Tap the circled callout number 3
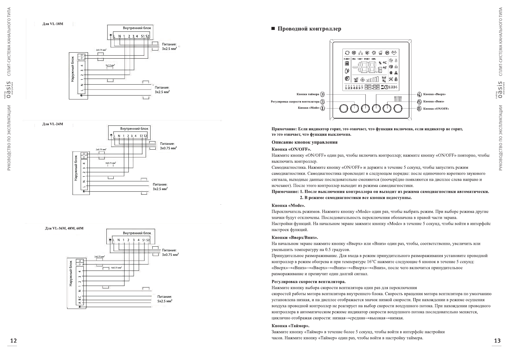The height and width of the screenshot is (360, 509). pyautogui.click(x=323, y=94)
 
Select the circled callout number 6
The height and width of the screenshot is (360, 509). pyautogui.click(x=419, y=109)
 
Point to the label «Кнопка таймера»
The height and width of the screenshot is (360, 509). pyautogui.click(x=308, y=94)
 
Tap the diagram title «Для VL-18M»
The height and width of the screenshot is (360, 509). pyautogui.click(x=53, y=24)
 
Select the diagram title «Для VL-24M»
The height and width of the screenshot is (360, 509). pyautogui.click(x=53, y=124)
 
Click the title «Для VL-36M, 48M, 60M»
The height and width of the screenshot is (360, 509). pyautogui.click(x=64, y=228)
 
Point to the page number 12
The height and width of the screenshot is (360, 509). pyautogui.click(x=13, y=341)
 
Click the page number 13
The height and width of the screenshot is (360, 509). pyautogui.click(x=497, y=341)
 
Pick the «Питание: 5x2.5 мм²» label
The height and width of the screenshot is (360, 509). pyautogui.click(x=165, y=299)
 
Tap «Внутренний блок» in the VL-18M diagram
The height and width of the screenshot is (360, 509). pyautogui.click(x=137, y=28)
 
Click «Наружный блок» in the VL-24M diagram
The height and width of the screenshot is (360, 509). pyautogui.click(x=76, y=168)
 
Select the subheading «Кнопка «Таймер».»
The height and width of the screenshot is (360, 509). pyautogui.click(x=290, y=326)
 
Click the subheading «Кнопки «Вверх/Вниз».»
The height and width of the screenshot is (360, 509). pyautogui.click(x=295, y=238)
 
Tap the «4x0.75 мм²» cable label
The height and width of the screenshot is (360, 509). pyautogui.click(x=116, y=268)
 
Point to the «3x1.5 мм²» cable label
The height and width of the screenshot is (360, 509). pyautogui.click(x=110, y=65)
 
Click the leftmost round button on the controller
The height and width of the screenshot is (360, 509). pyautogui.click(x=344, y=108)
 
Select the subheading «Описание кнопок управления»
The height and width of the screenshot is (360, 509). pyautogui.click(x=304, y=142)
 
